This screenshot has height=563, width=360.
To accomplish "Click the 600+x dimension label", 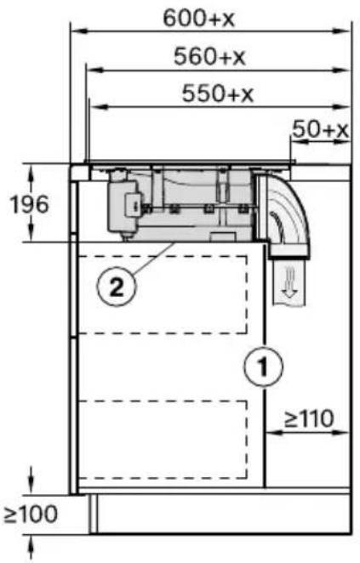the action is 198,18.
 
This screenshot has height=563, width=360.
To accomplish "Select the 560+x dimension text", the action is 209,56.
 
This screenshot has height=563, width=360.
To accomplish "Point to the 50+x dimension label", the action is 320,129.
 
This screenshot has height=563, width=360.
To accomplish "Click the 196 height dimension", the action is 29,204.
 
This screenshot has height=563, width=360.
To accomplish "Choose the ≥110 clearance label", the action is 309,418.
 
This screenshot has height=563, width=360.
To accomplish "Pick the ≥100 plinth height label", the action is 31,514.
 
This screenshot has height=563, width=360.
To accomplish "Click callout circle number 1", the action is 263,367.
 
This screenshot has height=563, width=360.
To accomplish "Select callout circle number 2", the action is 117,287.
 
